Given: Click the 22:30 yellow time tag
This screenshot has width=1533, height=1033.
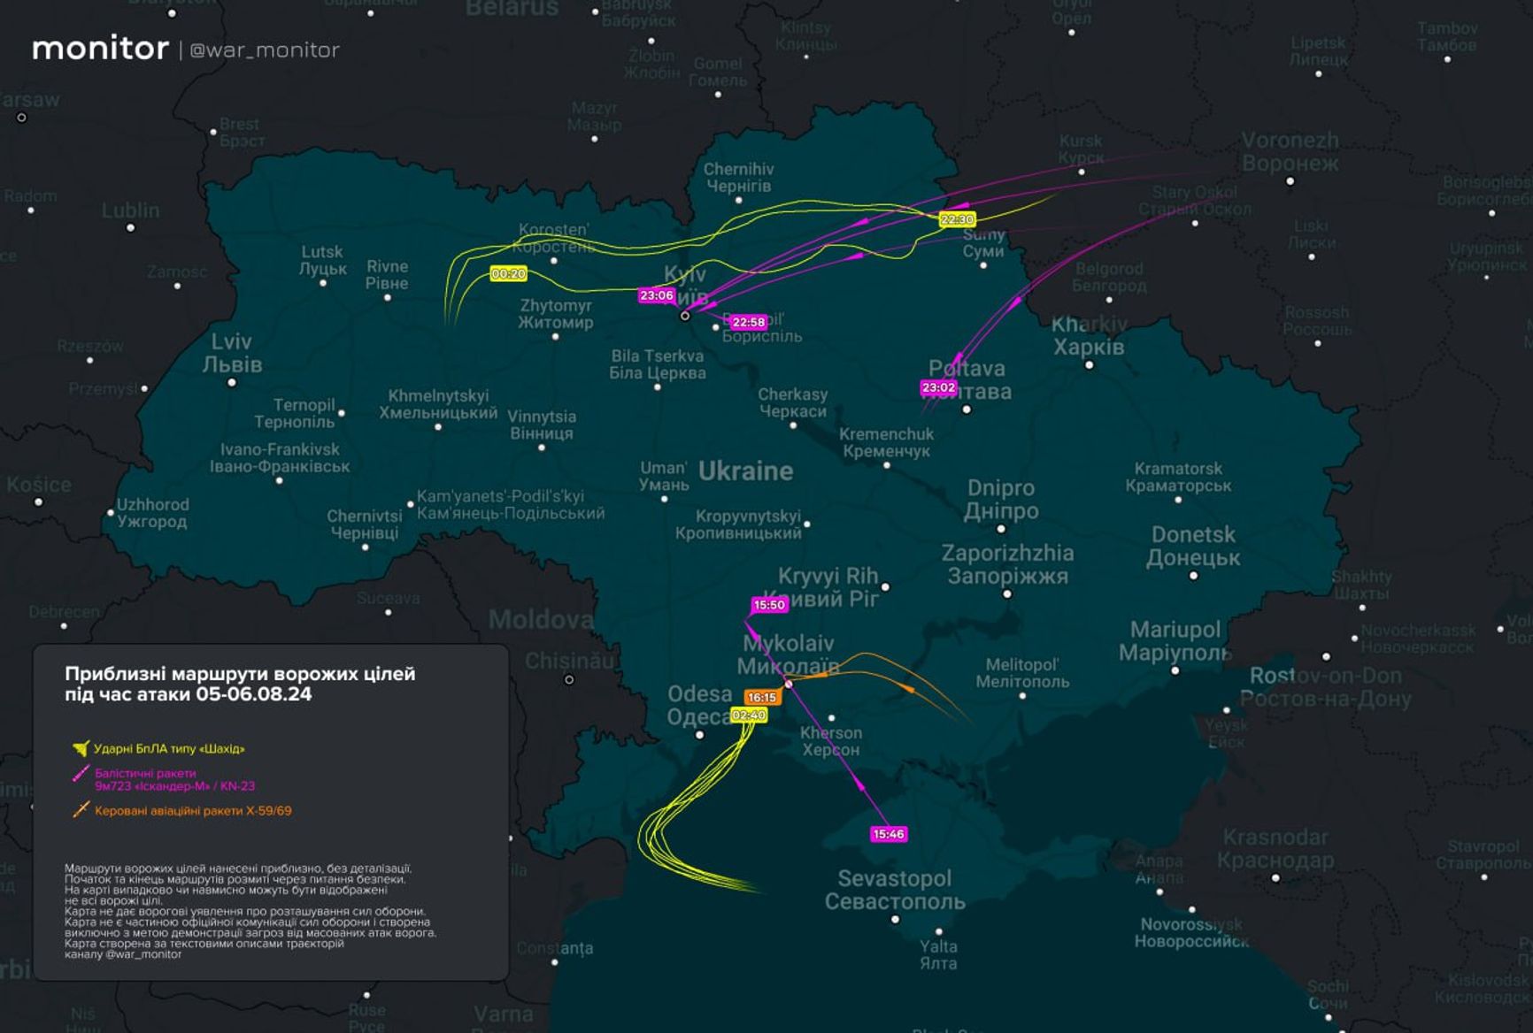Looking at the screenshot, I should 957,219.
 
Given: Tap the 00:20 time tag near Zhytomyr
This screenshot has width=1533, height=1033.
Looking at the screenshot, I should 508,274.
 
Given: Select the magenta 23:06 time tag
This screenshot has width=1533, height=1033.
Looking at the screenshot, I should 657,295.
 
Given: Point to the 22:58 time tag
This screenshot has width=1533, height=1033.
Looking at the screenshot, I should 748,322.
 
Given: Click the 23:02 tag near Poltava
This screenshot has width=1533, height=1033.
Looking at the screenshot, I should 938,387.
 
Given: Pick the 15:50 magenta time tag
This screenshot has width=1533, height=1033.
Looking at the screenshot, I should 769,605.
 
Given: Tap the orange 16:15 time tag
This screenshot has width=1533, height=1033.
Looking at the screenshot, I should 761,698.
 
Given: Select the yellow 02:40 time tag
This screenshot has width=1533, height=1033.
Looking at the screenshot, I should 749,715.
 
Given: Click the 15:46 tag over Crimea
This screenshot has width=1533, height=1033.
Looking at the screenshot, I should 888,834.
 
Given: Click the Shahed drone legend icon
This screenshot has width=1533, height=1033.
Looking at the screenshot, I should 81,749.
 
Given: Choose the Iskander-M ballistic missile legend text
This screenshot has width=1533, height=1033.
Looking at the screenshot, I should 174,779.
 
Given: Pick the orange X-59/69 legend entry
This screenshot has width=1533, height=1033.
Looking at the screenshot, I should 192,811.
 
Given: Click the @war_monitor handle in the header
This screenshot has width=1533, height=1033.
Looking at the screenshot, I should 265,50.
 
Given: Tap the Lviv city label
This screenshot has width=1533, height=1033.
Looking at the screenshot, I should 232,353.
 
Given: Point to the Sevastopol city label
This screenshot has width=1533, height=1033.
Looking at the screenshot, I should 895,890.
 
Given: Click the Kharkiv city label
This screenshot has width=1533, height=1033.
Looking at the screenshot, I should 1089,336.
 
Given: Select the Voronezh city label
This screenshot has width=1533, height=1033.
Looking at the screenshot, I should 1290,152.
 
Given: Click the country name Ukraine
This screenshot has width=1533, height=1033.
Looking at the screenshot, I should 745,471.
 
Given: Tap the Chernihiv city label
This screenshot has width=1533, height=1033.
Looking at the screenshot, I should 738,178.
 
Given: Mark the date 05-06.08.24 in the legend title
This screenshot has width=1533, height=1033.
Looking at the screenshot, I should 253,694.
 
